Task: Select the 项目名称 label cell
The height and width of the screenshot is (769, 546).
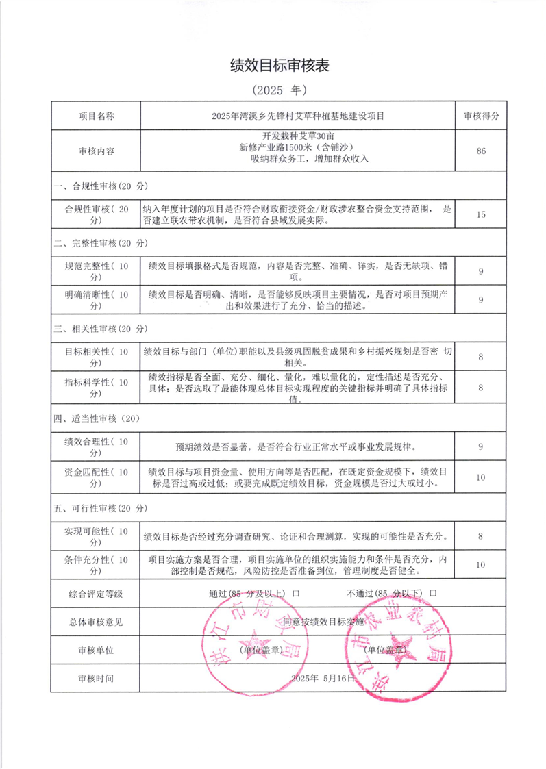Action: (x=96, y=116)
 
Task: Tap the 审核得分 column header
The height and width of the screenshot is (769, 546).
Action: (x=481, y=116)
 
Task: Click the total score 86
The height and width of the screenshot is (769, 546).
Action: (x=481, y=151)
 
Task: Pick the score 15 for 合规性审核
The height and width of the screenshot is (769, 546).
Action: (x=481, y=214)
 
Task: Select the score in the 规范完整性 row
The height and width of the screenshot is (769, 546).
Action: (x=481, y=272)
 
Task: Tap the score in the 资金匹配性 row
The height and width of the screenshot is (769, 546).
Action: (x=481, y=477)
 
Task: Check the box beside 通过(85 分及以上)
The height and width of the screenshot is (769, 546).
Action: (x=295, y=593)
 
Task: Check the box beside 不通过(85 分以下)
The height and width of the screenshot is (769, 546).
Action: (x=433, y=593)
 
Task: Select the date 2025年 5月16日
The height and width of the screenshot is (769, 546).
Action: (x=323, y=678)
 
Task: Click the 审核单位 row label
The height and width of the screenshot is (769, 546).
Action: (x=96, y=649)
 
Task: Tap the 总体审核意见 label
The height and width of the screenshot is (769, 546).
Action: (x=96, y=622)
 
